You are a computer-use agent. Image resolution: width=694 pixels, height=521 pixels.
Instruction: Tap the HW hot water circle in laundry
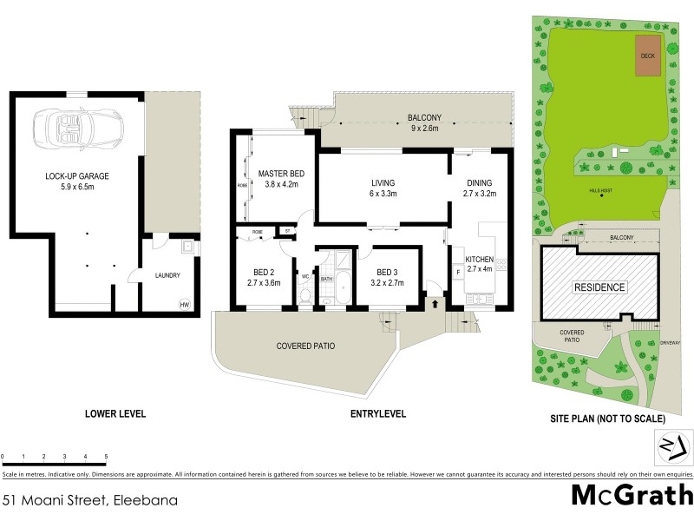(x=184, y=305)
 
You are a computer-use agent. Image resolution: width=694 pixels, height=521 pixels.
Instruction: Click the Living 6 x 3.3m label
(x=383, y=188)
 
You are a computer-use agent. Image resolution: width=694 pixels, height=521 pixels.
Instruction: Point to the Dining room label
(x=480, y=188)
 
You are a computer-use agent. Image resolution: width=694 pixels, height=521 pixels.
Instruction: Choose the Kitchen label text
(x=480, y=264)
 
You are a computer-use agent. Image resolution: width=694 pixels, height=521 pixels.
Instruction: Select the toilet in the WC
(x=304, y=293)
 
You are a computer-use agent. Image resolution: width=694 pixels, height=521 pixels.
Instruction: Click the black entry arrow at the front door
(x=434, y=303)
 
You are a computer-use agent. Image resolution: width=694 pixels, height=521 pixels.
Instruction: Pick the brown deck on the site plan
(x=647, y=56)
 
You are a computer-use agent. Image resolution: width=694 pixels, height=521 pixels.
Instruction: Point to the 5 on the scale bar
(x=106, y=456)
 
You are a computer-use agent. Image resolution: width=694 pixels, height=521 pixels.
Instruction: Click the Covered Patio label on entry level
(x=305, y=346)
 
